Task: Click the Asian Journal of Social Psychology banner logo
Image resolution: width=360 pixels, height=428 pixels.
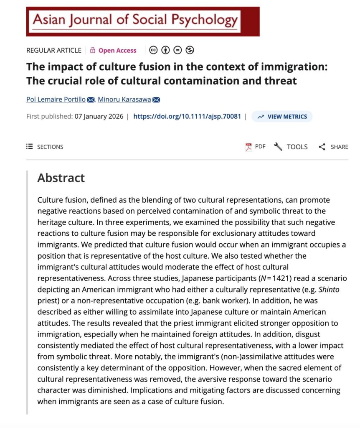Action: point(142,21)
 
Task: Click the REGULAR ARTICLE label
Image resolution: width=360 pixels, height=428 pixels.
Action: point(54,50)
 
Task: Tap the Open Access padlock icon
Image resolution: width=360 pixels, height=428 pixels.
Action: point(93,50)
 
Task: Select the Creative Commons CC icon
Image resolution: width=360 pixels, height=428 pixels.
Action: point(154,50)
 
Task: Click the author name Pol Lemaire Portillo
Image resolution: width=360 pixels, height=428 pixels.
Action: point(56,99)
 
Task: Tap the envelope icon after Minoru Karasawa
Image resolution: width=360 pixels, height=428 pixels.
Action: point(156,99)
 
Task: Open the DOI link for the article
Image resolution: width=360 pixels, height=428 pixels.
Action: point(187,116)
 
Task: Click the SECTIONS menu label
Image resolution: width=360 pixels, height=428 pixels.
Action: point(50,147)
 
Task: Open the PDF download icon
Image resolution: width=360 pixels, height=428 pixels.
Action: point(249,147)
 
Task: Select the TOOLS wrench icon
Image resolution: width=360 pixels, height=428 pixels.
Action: point(278,147)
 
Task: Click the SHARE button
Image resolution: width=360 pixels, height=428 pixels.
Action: point(333,147)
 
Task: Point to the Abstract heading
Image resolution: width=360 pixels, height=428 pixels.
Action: point(61,178)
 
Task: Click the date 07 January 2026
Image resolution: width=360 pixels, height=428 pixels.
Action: point(99,116)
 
